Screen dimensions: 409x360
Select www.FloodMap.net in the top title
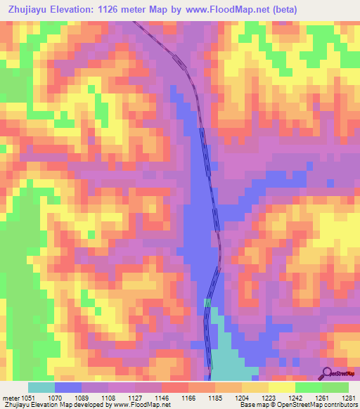[x=222, y=10]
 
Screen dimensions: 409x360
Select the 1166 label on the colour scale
[x=189, y=397]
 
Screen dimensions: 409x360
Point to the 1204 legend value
[x=243, y=397]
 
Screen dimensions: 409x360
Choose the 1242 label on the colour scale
[x=296, y=397]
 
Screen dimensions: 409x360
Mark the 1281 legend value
[x=349, y=397]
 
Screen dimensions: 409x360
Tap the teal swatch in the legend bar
[x=41, y=387]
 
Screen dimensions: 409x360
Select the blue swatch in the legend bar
[x=67, y=387]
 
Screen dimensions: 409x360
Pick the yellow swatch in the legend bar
[x=282, y=387]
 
